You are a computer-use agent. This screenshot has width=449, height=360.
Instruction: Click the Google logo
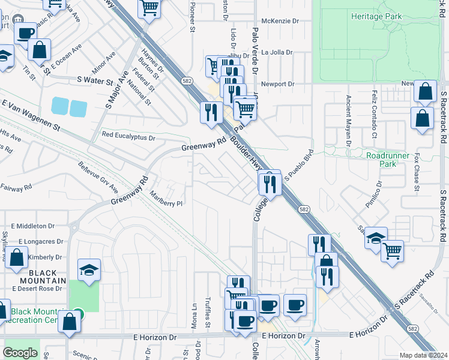[20, 353]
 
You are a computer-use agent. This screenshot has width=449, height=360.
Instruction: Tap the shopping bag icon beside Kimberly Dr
[16, 258]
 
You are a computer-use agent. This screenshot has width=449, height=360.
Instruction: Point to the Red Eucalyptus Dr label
[128, 137]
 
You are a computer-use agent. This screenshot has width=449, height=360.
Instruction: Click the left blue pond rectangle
[60, 106]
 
